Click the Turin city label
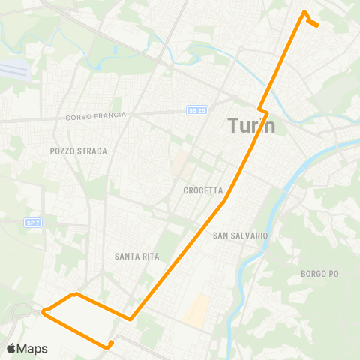(250, 125)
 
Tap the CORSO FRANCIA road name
(96, 116)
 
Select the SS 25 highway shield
(196, 110)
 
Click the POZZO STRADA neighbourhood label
(79, 151)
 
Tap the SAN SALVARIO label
(240, 235)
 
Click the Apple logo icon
(11, 348)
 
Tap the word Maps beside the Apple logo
(32, 348)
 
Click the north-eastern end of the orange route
(318, 25)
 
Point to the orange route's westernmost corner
(43, 310)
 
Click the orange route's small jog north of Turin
(262, 111)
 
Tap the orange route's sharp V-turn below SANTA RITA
(131, 319)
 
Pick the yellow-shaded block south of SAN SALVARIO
(197, 310)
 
